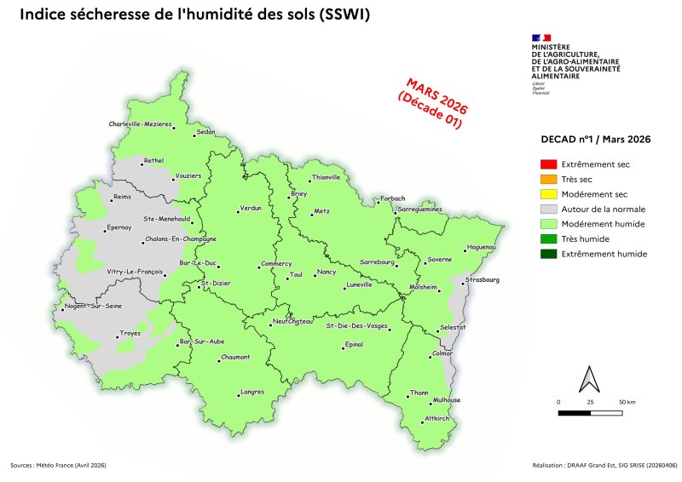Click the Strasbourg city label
click(482, 279)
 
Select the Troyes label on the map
click(130, 333)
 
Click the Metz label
click(321, 210)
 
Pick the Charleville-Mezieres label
click(141, 124)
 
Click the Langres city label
click(252, 392)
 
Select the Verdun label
click(251, 208)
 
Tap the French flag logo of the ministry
click(541, 37)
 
